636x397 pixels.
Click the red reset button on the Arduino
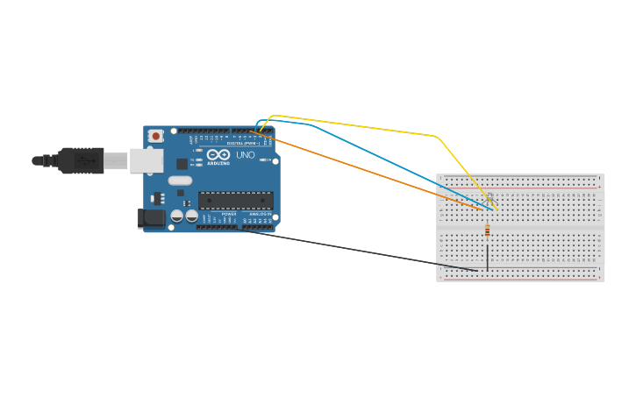(156, 135)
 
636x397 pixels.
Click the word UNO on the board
(246, 155)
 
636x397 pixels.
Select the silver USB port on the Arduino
(146, 160)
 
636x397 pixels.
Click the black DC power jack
(151, 218)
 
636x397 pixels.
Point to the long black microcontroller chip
(235, 200)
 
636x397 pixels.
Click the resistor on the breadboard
(488, 230)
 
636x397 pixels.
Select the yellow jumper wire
(368, 126)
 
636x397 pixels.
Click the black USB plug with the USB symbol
(82, 160)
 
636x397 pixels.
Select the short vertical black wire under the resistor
(488, 256)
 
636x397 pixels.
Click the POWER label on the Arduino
(229, 214)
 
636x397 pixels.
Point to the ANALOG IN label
(260, 214)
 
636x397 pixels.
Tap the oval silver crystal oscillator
(180, 181)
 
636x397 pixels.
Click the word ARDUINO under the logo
(218, 163)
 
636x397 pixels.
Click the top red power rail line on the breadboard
(520, 187)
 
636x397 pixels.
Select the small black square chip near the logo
(182, 163)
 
